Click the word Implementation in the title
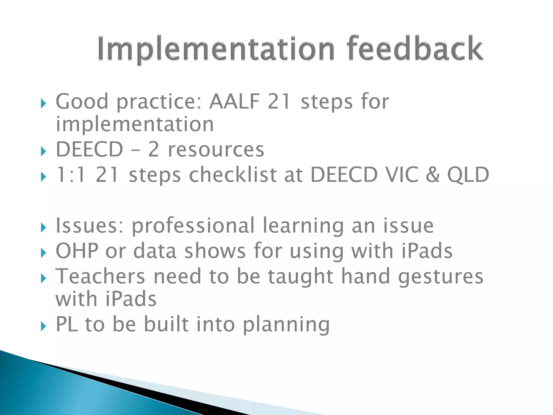216,49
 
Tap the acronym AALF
234,102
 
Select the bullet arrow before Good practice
43,103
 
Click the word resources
216,150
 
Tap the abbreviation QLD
468,175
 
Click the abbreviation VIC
402,175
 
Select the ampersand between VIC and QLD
433,175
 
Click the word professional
193,226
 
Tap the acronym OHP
77,251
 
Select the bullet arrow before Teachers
43,278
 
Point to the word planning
286,325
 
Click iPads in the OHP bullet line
427,251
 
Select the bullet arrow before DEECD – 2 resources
43,152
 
